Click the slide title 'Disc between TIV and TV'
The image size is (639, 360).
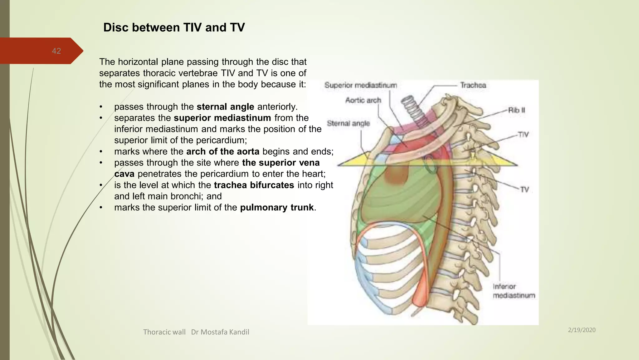coord(174,27)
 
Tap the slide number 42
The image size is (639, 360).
coord(56,51)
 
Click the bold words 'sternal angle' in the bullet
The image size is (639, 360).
coord(225,107)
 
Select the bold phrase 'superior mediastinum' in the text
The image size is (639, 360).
coord(222,118)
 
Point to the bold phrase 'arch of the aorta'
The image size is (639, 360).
coord(223,152)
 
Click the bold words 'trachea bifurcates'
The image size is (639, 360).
coord(254,185)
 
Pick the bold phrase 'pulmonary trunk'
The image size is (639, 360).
coord(277,208)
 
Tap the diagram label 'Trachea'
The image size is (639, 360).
coord(473,85)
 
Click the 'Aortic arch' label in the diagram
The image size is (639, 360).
coord(363,100)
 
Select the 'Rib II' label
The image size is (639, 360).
coord(516,110)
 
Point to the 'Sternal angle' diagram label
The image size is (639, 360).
coord(348,123)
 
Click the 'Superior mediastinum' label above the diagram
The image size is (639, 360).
coord(361,85)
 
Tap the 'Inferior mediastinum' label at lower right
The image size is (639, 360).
coord(514,291)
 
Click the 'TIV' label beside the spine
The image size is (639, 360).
coord(523,135)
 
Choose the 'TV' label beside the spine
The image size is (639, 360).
coord(524,190)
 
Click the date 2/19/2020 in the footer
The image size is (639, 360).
coord(582,330)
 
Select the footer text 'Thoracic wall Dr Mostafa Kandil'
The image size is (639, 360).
coord(196,332)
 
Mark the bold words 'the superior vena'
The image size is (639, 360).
coord(281,163)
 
